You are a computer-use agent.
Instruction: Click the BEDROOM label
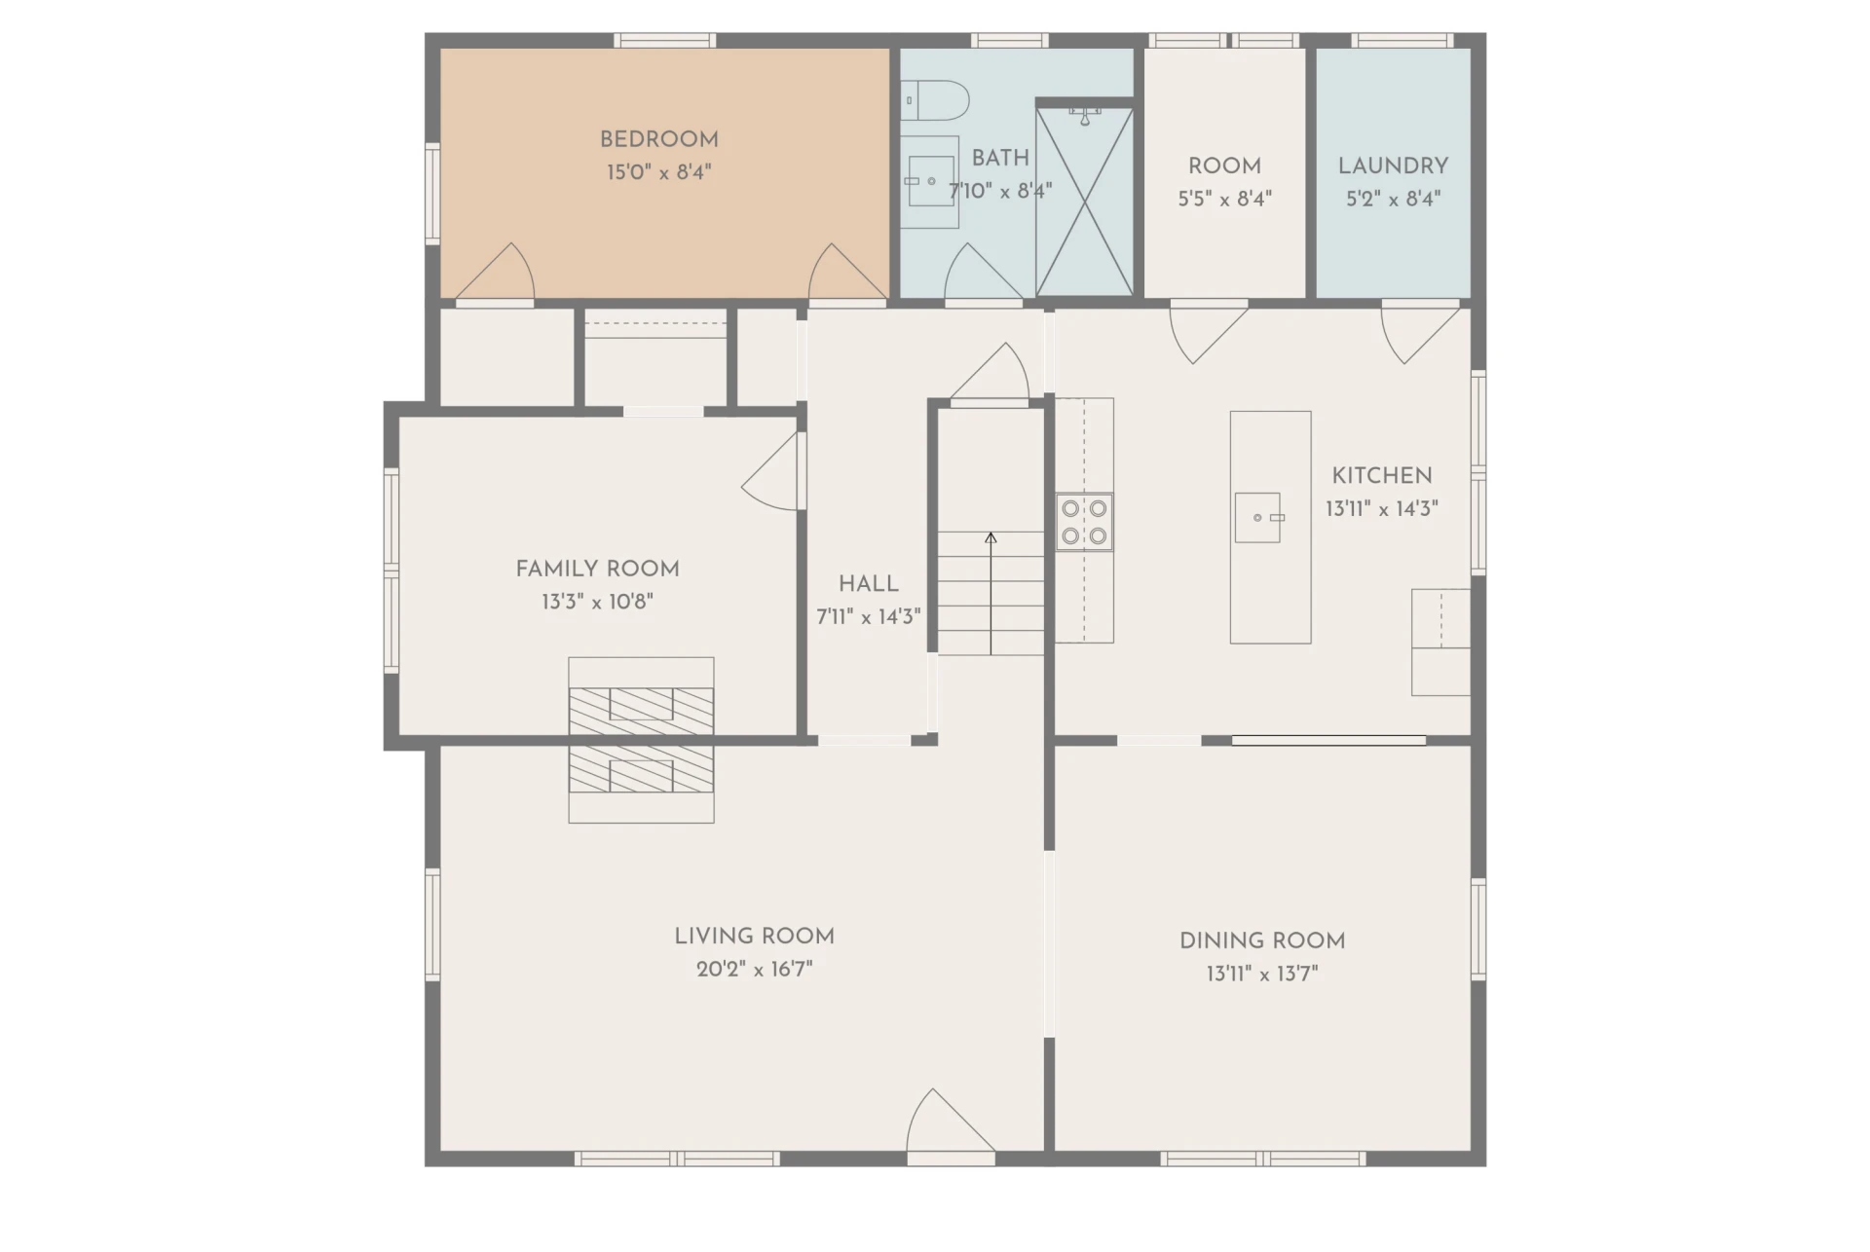tap(659, 139)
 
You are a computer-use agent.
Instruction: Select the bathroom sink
tap(930, 181)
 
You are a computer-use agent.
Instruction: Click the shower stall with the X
tap(1085, 202)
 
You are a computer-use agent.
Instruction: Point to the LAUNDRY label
tap(1393, 166)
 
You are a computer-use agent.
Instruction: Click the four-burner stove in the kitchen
tap(1084, 522)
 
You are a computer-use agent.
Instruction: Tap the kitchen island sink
tap(1258, 517)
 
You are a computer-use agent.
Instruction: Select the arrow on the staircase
tap(991, 593)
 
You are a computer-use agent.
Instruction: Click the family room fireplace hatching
tap(641, 711)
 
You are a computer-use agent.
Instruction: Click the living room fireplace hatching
tap(641, 769)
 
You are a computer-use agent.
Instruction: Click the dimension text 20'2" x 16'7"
tap(755, 969)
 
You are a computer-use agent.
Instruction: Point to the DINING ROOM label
tap(1262, 940)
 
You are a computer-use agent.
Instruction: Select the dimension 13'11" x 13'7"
tap(1262, 974)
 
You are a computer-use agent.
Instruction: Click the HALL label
tap(869, 584)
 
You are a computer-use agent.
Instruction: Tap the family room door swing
tap(771, 471)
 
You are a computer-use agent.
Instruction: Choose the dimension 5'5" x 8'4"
tap(1225, 199)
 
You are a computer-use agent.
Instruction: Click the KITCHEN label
tap(1382, 476)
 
